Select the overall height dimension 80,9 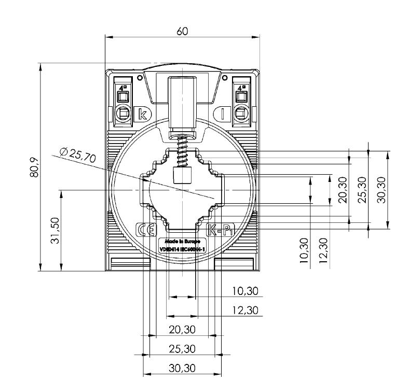point(34,166)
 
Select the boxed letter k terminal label point(140,114)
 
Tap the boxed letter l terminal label point(222,114)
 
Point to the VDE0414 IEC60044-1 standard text point(182,250)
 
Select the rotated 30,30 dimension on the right point(382,190)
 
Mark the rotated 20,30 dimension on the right point(342,190)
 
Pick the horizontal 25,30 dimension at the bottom point(182,349)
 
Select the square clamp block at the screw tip point(182,176)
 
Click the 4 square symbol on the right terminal point(241,88)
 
